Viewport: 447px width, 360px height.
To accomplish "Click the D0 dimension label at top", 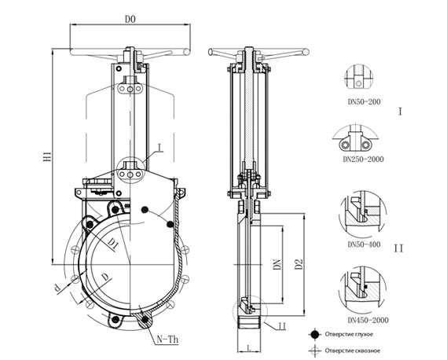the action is [130, 19].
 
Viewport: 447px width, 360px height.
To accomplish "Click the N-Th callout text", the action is [167, 340].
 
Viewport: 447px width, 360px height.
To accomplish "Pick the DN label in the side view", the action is [277, 264].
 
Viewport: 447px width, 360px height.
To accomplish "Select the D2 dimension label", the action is [299, 264].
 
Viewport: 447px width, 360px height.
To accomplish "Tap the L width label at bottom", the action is [249, 347].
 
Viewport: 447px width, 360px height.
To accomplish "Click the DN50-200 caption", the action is [364, 101].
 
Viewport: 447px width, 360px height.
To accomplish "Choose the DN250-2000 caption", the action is [363, 159].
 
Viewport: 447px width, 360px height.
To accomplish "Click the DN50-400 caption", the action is [364, 244].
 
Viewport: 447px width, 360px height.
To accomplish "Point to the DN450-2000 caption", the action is [368, 320].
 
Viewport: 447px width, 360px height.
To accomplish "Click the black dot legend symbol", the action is [315, 335].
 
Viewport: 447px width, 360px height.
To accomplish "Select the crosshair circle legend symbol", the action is [315, 351].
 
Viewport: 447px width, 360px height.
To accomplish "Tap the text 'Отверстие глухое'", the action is [349, 334].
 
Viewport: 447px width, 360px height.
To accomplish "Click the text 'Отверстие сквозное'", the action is [353, 351].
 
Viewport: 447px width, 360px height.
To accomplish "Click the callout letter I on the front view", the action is [159, 148].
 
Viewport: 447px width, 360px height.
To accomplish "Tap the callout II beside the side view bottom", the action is [282, 325].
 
